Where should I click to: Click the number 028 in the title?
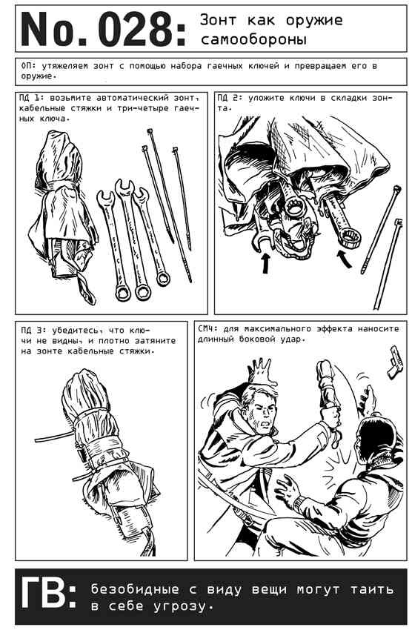[x=136, y=29]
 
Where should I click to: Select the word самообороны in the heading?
[x=254, y=40]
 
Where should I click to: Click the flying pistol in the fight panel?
[x=395, y=362]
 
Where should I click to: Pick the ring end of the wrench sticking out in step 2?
[x=351, y=239]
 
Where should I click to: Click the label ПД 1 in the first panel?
[x=30, y=98]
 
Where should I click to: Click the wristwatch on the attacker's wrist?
[x=299, y=503]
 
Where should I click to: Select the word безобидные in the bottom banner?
[x=135, y=589]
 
